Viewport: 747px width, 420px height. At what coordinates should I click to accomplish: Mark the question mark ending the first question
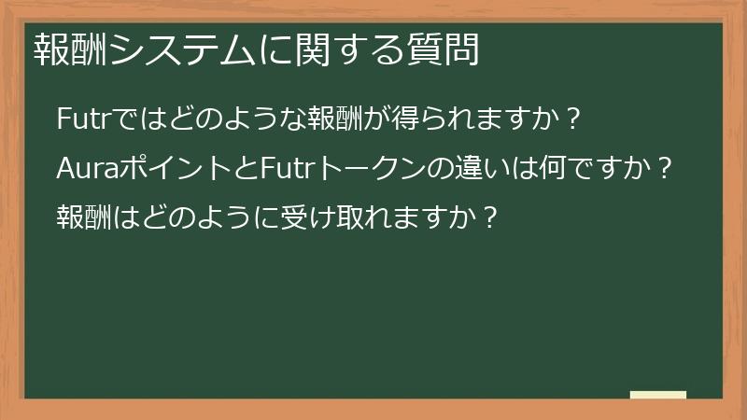coord(575,120)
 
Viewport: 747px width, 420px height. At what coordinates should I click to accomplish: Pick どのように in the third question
coord(189,217)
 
